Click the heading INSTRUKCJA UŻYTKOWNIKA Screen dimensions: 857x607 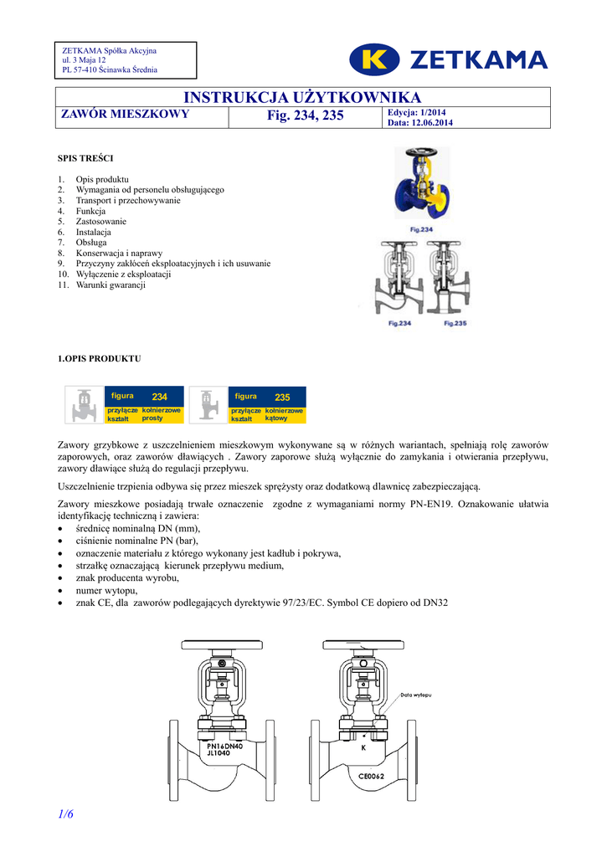(302, 98)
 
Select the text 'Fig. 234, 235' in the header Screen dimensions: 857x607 (305, 115)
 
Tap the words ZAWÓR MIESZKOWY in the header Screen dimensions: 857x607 (126, 115)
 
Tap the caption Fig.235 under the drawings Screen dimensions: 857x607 (455, 323)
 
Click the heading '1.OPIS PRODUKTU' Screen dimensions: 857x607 (99, 359)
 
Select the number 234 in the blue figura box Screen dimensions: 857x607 (160, 397)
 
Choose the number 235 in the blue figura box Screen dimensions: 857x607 (282, 397)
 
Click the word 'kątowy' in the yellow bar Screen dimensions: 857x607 (276, 418)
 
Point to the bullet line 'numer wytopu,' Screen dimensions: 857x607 (105, 589)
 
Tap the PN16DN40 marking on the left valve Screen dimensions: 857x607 (224, 745)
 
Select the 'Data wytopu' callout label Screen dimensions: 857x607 (415, 695)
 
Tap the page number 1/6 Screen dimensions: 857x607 (66, 815)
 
